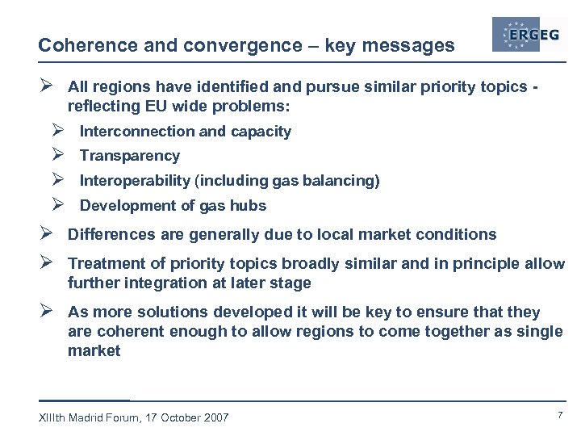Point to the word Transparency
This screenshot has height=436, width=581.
click(x=129, y=156)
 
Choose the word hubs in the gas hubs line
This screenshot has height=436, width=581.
click(x=249, y=206)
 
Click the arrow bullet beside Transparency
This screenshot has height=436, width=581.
click(x=57, y=155)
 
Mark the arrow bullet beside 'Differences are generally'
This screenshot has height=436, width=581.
click(x=45, y=234)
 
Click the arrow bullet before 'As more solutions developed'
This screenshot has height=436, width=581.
click(x=45, y=312)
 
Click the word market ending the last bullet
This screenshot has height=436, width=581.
click(x=94, y=351)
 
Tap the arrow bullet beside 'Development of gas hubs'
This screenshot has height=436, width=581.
click(x=57, y=205)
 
